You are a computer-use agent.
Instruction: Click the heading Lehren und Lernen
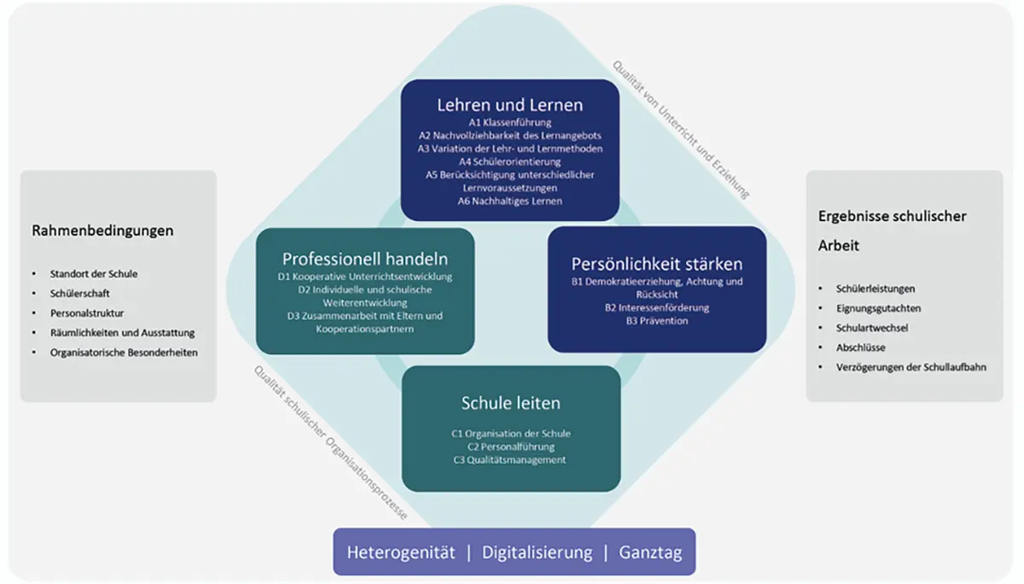[509, 105]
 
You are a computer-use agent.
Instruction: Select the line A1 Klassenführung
[510, 123]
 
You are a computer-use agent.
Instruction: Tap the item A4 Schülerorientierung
[510, 161]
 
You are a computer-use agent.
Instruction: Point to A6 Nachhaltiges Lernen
[510, 201]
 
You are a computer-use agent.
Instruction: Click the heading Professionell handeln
[365, 259]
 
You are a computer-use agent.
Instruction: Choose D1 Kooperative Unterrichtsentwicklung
[365, 277]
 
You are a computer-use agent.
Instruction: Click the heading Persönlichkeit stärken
[657, 263]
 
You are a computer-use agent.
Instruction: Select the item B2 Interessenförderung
[657, 307]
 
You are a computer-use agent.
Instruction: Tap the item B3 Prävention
[657, 321]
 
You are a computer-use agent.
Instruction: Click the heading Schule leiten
[510, 403]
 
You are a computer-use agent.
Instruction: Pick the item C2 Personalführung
[510, 447]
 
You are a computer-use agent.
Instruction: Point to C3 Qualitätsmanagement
[510, 460]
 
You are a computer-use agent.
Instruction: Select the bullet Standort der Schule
[94, 274]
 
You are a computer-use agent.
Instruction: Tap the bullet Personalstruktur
[87, 313]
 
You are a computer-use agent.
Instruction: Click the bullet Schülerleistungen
[876, 289]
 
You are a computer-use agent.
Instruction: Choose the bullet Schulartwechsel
[872, 328]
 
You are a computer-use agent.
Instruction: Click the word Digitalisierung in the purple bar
[537, 552]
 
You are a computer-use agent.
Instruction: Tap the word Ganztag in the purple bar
[650, 552]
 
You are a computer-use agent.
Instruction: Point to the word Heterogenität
[400, 552]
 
